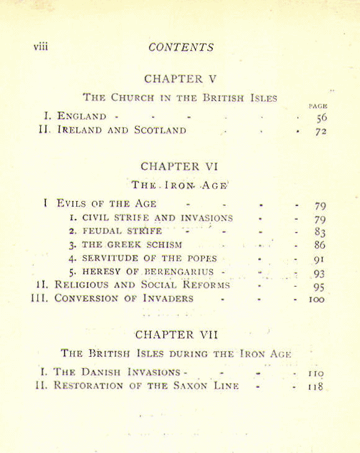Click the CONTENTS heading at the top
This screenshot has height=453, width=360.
tap(181, 47)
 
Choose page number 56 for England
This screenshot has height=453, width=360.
tap(320, 117)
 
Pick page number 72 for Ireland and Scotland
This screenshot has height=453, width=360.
tap(320, 131)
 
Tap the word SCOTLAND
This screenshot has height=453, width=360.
tap(160, 131)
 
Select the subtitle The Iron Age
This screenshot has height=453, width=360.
tap(179, 184)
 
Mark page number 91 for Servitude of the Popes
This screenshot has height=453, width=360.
tap(320, 259)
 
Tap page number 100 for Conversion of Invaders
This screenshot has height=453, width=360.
tap(317, 299)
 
